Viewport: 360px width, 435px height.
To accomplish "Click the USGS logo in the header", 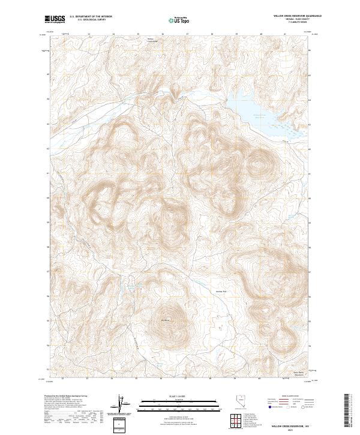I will pyautogui.click(x=55, y=19).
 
